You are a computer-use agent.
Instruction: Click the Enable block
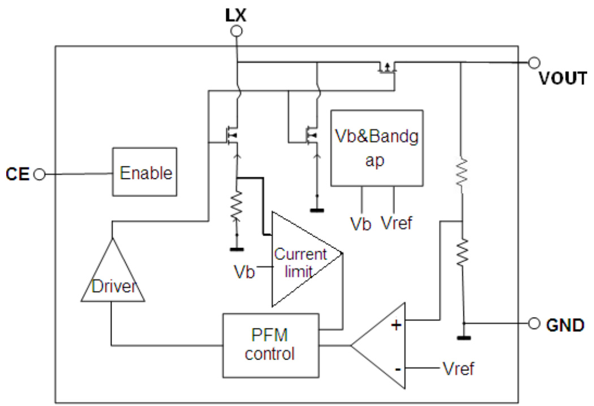point(145,172)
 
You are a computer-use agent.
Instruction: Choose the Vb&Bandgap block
point(376,148)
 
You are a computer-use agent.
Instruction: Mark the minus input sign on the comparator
point(398,369)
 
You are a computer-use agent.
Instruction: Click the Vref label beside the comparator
point(458,369)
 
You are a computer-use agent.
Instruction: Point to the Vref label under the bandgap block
point(396,223)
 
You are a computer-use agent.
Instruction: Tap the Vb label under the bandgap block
point(360,223)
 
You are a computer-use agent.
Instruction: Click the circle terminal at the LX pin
point(238,31)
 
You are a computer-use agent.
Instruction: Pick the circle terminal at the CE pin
point(39,174)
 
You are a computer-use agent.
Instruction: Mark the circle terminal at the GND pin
point(533,324)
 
